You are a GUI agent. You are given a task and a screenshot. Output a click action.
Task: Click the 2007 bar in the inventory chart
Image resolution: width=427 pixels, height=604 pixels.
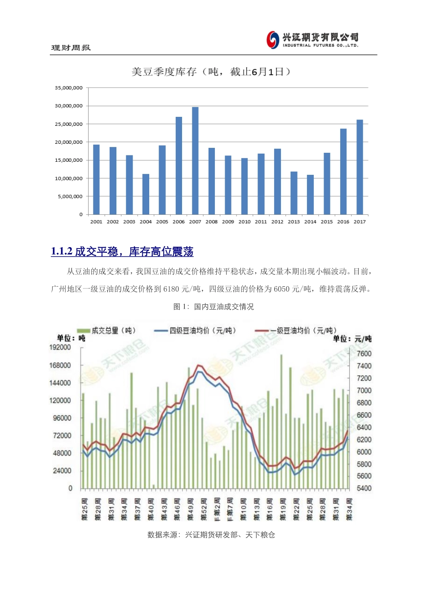click(x=195, y=160)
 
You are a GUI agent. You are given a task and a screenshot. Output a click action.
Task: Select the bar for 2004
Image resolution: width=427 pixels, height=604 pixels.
click(x=146, y=194)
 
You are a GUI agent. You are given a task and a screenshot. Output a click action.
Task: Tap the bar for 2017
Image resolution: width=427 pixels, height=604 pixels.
click(x=360, y=167)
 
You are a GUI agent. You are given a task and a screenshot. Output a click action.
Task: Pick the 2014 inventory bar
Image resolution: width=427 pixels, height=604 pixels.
click(x=310, y=195)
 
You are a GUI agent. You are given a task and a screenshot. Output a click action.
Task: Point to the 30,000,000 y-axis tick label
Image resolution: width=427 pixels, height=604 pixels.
click(x=69, y=106)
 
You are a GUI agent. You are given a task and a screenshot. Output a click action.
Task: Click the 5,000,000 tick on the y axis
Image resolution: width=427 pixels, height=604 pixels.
click(x=70, y=196)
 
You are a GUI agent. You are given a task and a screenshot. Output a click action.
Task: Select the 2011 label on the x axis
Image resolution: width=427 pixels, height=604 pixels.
click(x=261, y=222)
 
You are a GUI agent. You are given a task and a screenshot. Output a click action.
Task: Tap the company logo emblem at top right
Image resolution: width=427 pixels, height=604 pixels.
click(x=273, y=40)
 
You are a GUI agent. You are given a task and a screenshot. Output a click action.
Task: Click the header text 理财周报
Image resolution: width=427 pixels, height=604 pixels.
click(x=71, y=48)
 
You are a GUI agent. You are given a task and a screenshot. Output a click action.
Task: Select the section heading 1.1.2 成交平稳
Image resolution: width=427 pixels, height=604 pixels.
click(x=122, y=252)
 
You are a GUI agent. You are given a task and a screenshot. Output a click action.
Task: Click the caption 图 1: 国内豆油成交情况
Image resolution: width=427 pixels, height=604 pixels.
click(x=213, y=306)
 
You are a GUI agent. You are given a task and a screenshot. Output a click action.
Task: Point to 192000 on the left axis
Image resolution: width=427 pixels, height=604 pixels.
click(x=60, y=347)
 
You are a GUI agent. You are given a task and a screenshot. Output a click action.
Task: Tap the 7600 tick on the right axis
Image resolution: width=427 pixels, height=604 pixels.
click(x=364, y=354)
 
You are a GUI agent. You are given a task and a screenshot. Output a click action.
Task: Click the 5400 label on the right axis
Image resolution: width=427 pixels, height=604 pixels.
click(x=364, y=489)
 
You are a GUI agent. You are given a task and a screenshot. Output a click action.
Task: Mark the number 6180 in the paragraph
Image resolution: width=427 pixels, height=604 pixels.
click(x=171, y=289)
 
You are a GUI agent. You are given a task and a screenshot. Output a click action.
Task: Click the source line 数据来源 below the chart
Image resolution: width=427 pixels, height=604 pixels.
click(x=211, y=535)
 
